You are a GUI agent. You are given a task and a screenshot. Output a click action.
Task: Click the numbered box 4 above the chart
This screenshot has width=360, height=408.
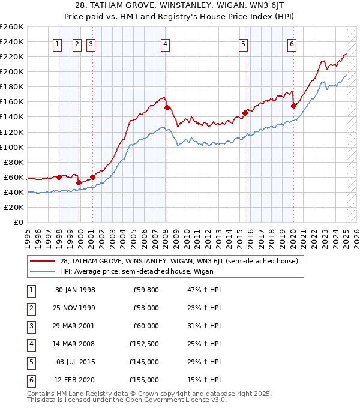[x=164, y=43]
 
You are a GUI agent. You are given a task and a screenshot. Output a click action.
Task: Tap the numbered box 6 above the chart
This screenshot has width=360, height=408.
[x=292, y=43]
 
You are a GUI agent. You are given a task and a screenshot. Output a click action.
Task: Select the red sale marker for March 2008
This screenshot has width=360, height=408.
[x=167, y=107]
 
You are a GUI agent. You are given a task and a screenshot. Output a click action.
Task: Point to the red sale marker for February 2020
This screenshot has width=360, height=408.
[x=293, y=106]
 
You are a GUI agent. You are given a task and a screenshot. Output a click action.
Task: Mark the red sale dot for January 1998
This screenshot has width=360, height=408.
[x=59, y=177]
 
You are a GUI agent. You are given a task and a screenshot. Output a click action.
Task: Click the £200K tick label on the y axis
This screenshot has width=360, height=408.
[x=11, y=71]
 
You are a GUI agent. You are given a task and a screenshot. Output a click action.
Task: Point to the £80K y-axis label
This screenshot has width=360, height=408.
[x=14, y=162]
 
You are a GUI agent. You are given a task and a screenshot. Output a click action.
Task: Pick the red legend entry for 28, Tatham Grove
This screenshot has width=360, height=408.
[x=174, y=260]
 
